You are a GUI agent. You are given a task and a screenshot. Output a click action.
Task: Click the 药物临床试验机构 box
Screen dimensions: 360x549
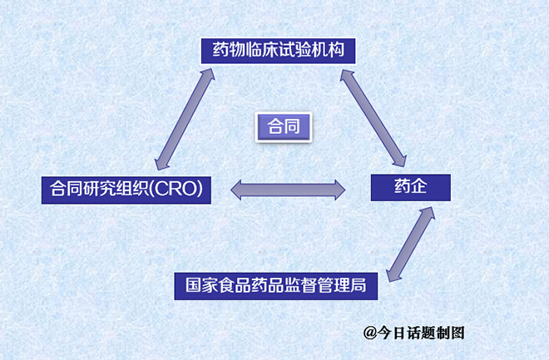pyautogui.click(x=279, y=50)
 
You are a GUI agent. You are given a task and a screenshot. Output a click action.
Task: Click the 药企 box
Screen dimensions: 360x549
pyautogui.click(x=411, y=187)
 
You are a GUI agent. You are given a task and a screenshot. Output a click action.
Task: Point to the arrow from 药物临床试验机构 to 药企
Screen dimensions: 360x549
pyautogui.click(x=376, y=116)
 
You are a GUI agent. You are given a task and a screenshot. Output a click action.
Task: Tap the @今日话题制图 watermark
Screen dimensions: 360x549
pyautogui.click(x=413, y=333)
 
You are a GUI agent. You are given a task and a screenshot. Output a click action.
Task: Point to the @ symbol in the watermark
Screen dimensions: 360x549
pyautogui.click(x=370, y=333)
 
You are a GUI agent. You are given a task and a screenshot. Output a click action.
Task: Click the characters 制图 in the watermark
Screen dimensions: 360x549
pyautogui.click(x=450, y=333)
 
